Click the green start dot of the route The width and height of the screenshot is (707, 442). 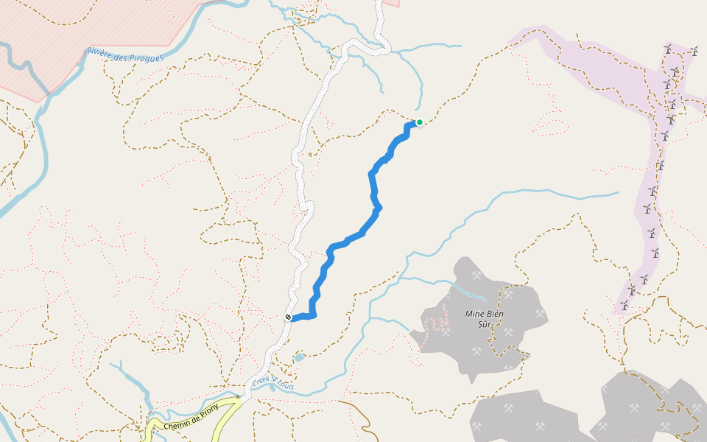[x=419, y=122]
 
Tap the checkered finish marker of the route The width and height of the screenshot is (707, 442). [x=288, y=318]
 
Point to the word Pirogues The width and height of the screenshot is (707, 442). [x=142, y=56]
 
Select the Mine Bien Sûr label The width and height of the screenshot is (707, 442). [x=484, y=318]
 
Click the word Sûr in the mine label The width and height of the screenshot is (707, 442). [x=484, y=323]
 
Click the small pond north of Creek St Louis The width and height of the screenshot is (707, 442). [x=298, y=357]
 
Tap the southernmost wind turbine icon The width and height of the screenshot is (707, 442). [x=625, y=304]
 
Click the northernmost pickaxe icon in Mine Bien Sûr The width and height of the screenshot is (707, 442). [x=476, y=276]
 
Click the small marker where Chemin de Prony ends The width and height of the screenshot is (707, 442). [x=238, y=396]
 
